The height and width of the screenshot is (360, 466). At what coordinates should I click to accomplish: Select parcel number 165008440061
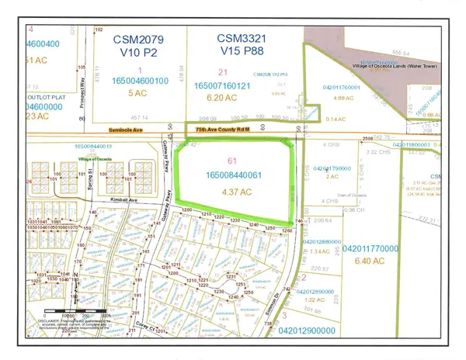pos(237,176)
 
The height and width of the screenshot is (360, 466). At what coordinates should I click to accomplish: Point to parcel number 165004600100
pos(141,80)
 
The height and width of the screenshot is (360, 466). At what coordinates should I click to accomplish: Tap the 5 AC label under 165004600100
pos(141,93)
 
